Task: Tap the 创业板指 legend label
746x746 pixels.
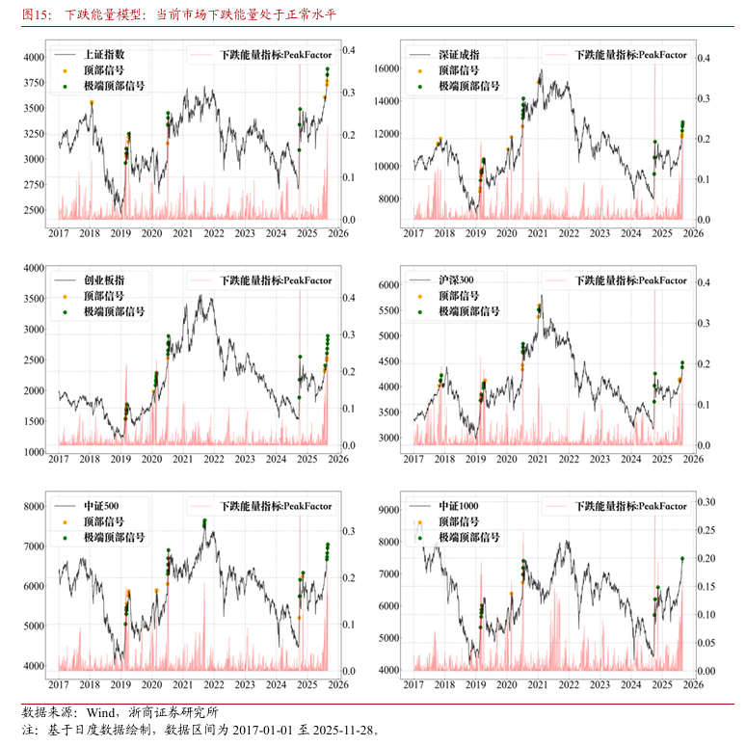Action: click(103, 280)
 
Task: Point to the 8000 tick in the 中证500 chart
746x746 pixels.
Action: click(34, 506)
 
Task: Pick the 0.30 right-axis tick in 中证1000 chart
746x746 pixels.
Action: click(706, 502)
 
